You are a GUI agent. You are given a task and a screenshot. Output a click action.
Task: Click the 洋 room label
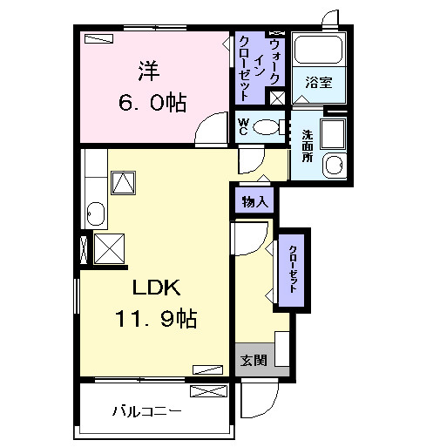coord(149,71)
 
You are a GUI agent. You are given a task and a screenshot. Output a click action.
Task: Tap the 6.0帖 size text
coord(152,102)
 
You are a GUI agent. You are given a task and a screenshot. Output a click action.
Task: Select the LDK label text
coord(157,288)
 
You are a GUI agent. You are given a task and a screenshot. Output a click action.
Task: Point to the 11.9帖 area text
coord(156,318)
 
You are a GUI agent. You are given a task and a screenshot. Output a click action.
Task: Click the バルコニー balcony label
coord(146,411)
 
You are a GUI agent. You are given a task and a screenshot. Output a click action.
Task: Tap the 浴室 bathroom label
coord(319,83)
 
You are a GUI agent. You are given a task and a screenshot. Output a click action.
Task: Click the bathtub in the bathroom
coord(318,50)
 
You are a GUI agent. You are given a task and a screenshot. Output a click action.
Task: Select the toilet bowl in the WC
coord(267,127)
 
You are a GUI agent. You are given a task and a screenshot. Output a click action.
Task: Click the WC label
coord(243,127)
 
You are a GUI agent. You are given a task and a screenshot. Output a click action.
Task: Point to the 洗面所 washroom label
coord(308,146)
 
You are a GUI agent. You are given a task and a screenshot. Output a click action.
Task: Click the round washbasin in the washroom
coord(335,166)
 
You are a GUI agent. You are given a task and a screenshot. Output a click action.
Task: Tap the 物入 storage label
coord(255,201)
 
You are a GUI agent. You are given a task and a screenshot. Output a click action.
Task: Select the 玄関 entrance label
coord(254,361)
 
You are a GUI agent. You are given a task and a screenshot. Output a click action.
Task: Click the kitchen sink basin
coord(96,214)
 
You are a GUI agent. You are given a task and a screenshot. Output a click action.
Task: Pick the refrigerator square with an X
coord(109,249)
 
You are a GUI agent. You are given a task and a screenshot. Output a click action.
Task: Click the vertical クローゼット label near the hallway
coord(293,269)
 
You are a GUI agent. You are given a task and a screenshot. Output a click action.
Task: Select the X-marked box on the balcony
coord(208,391)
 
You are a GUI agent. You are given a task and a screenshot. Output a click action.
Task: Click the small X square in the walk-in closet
coord(277,98)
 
